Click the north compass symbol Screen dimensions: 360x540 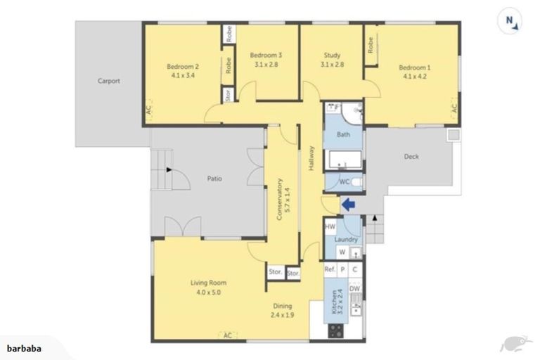coord(511,22)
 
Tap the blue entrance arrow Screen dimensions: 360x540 coord(348,204)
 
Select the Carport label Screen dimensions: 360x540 coord(108,81)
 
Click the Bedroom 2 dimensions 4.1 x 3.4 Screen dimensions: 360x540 coord(180,76)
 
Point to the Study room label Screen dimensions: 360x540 coord(332,56)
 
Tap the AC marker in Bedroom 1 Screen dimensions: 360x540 coord(454,108)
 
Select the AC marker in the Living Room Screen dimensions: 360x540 coord(227,335)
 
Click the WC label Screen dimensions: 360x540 coord(345,182)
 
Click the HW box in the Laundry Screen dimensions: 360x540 coord(330,227)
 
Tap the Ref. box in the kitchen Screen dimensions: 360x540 coord(330,269)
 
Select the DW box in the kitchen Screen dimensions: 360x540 coord(355,288)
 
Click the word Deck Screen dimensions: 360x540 coord(411,157)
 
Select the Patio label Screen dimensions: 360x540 coord(214,179)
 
